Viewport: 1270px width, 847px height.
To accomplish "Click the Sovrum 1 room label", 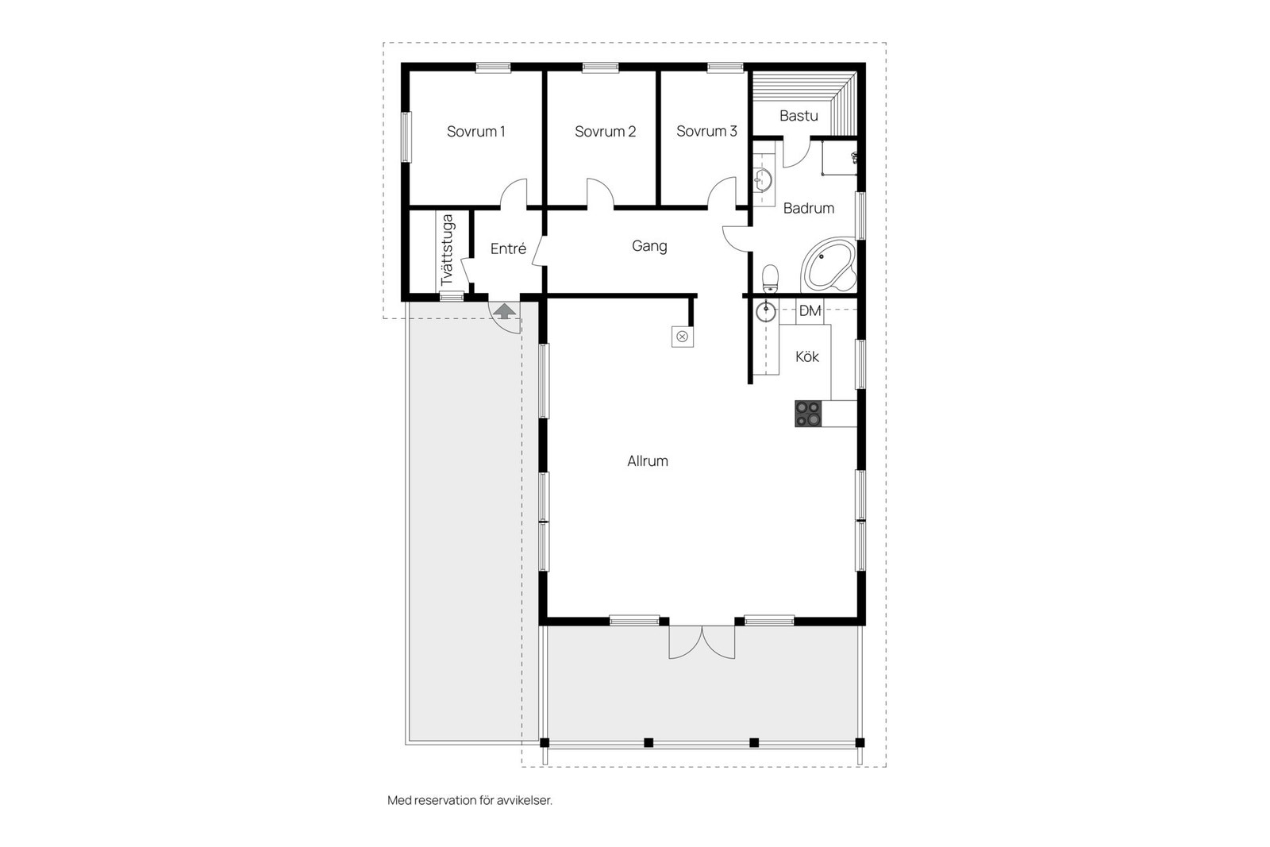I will tap(475, 132).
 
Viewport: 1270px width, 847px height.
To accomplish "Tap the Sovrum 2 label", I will tap(605, 132).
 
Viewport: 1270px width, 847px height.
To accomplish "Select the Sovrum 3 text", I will tap(706, 131).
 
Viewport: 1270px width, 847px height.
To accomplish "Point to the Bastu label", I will tap(799, 116).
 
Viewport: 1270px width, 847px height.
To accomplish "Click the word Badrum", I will tap(808, 209).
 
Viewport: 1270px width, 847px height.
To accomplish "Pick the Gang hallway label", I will tap(648, 246).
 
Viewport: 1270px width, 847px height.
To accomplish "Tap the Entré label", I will tap(508, 249).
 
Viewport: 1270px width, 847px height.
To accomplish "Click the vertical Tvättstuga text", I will tap(447, 250).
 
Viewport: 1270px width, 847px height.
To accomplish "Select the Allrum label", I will tap(647, 461).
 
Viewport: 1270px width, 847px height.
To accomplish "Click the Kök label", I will tap(807, 357).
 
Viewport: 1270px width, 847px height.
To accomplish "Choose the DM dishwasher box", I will tap(810, 311).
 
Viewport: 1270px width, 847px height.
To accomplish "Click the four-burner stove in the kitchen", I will tap(808, 414).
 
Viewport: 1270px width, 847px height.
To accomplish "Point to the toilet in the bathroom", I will tap(770, 279).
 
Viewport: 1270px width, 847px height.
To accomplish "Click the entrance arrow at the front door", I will tap(503, 310).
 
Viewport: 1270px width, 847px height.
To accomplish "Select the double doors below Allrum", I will tap(702, 641).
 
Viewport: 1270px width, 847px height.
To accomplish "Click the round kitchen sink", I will tap(765, 311).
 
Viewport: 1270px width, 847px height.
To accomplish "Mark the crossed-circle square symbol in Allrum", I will tap(682, 337).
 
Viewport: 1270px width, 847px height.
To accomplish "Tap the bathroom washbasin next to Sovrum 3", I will tap(763, 181).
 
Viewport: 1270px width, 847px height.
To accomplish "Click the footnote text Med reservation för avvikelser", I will tap(469, 800).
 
